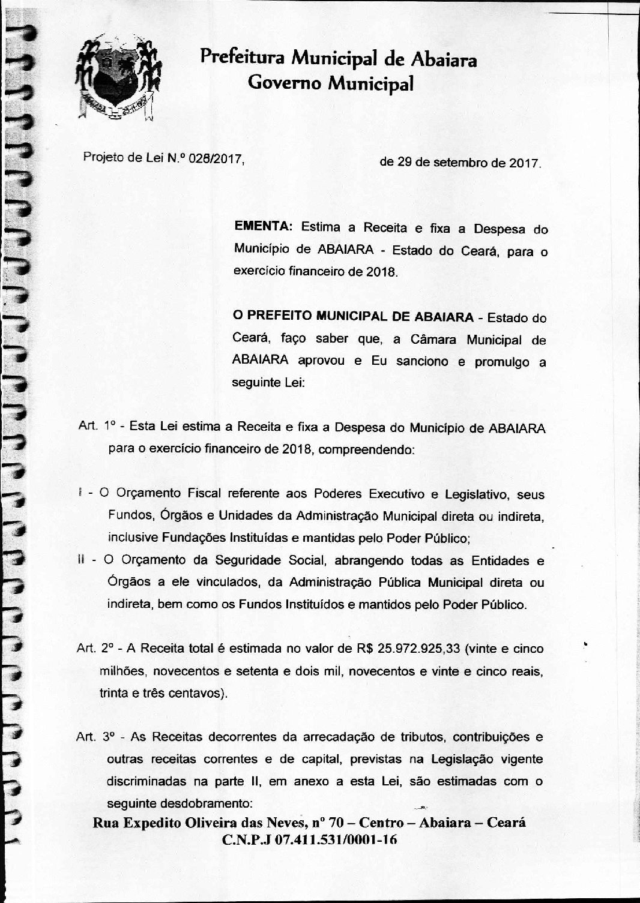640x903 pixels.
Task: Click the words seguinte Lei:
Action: coord(268,383)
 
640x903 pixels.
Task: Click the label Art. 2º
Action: coord(95,649)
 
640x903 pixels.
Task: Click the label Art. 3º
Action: coord(96,737)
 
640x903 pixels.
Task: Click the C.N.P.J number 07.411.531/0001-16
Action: coord(336,839)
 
